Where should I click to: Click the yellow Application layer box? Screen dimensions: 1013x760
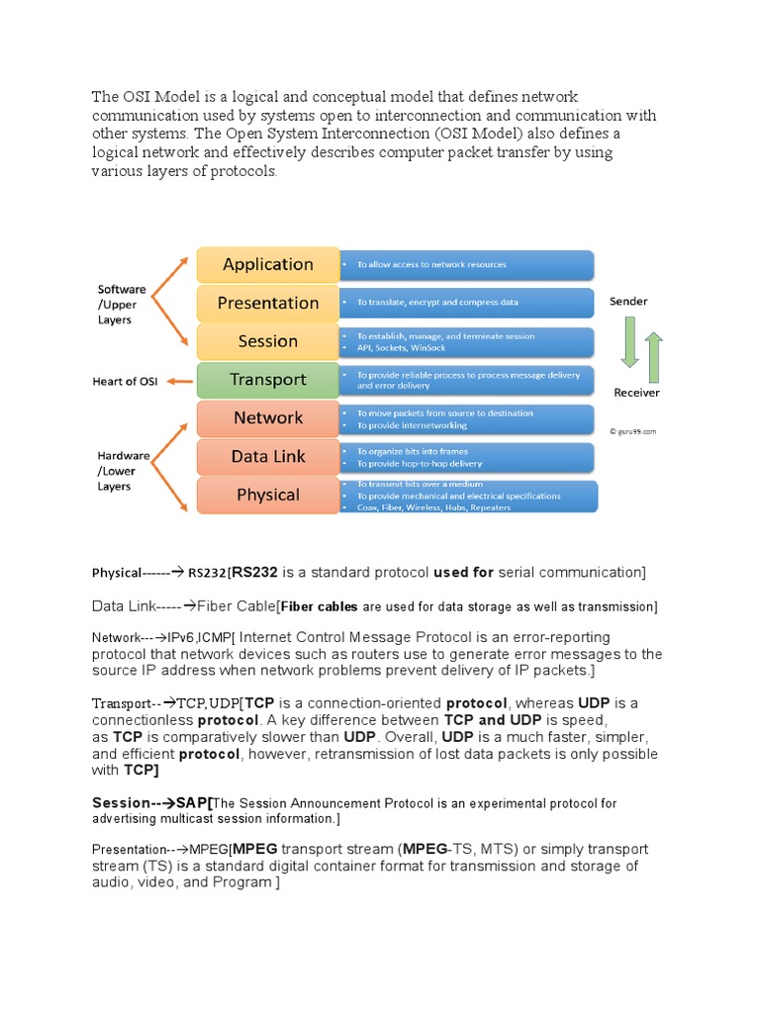coord(267,264)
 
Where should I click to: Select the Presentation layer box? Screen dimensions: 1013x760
coord(267,303)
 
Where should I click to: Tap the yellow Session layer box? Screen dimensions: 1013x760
coord(267,341)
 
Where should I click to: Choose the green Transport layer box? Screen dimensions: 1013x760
coord(267,380)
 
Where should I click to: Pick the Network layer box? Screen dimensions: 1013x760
coord(267,417)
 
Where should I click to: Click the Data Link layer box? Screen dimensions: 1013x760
coord(267,456)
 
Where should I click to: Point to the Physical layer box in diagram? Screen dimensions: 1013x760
coord(267,495)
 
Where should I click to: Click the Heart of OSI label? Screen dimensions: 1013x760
coord(127,381)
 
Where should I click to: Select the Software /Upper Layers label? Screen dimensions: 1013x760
coord(122,305)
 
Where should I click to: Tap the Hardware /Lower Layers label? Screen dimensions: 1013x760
coord(123,471)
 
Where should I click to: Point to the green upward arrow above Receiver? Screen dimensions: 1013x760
coord(653,356)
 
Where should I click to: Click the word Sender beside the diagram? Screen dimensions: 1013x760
coord(629,300)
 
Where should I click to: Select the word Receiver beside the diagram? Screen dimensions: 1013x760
coord(636,393)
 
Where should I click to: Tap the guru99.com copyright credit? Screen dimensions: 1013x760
coord(632,431)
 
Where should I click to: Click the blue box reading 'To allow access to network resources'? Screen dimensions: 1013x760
coord(466,265)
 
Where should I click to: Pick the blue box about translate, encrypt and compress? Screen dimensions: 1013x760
coord(466,302)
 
